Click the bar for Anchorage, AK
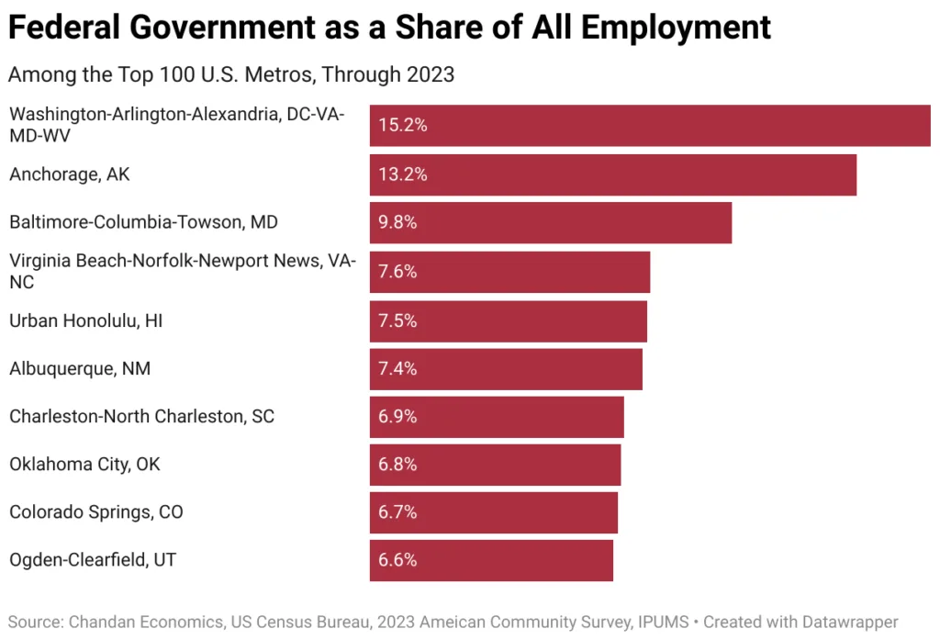612,174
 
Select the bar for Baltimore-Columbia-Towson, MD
550,222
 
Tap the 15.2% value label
403,126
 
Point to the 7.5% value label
398,320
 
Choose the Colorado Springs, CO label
96,511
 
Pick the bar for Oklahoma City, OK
495,465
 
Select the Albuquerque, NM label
80,368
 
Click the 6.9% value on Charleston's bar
398,416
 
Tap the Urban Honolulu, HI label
86,320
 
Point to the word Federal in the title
62,29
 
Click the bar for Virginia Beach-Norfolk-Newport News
509,272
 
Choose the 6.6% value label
398,559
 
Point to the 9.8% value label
398,222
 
